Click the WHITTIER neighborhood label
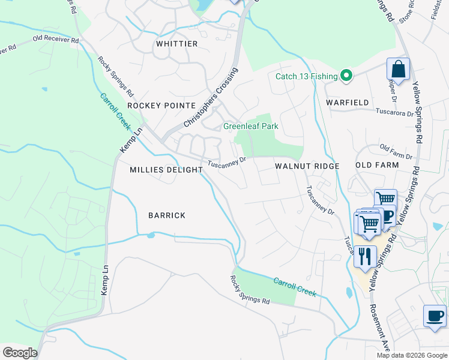point(176,44)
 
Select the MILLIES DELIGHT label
point(166,170)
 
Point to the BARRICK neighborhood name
point(167,215)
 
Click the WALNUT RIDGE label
point(307,166)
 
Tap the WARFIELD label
point(348,103)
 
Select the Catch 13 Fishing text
point(306,76)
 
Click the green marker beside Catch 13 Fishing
point(346,76)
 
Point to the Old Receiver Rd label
point(56,40)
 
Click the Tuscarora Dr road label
point(394,112)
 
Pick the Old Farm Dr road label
point(396,152)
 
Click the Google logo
point(20,353)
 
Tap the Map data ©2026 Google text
point(411,355)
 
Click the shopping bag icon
point(398,70)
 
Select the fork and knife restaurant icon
point(365,257)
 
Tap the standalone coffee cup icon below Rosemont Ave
point(435,316)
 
